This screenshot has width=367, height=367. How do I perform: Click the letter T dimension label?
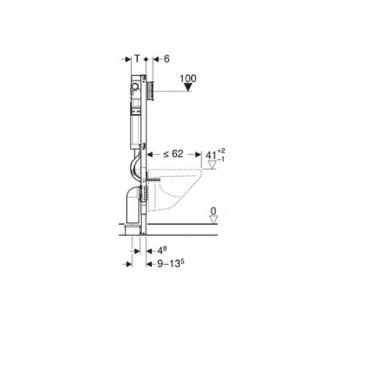[137, 58]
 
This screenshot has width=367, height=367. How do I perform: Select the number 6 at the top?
[166, 59]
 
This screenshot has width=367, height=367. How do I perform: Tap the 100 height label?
[188, 78]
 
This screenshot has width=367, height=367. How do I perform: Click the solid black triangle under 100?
[188, 88]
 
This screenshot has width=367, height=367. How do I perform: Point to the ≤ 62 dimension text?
[173, 154]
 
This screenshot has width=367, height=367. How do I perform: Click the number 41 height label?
[211, 155]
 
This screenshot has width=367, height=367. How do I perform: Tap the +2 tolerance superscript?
[221, 150]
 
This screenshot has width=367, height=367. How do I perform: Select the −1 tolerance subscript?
[221, 160]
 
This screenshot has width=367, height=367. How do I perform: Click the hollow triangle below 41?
[212, 165]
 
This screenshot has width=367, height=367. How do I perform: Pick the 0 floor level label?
[214, 211]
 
